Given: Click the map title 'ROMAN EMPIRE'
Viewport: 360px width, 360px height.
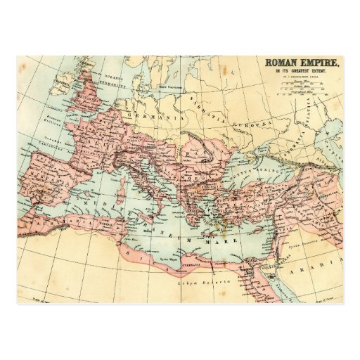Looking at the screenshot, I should (x=302, y=62).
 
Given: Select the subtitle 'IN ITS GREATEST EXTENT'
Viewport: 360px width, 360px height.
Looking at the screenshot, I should (x=302, y=71).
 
